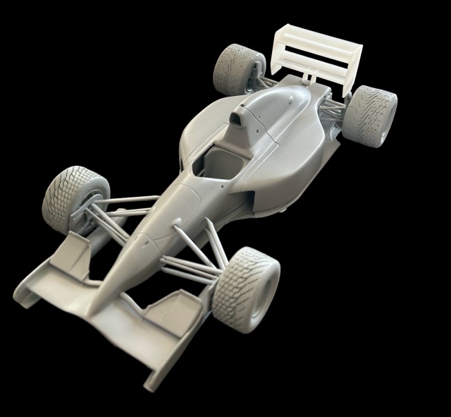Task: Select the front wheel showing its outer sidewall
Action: (244, 289)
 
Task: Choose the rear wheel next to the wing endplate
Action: (371, 114)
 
